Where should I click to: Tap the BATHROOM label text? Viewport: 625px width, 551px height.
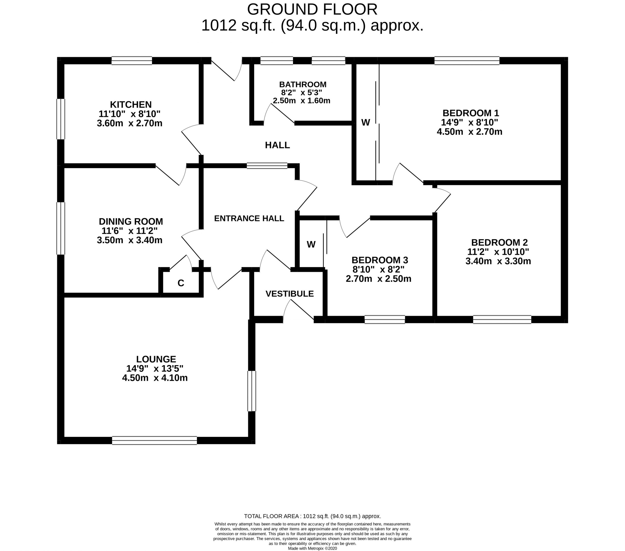click(302, 84)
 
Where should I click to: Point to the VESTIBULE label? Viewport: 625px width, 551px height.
click(289, 294)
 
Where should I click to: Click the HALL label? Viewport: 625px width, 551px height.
click(277, 145)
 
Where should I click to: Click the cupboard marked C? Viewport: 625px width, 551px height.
click(181, 283)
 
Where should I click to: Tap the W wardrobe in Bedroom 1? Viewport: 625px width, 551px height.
click(365, 122)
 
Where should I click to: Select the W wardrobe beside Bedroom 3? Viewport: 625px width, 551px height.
click(311, 244)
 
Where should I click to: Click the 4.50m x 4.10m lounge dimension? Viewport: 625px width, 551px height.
click(155, 378)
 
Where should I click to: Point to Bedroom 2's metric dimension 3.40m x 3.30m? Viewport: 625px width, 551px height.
click(498, 261)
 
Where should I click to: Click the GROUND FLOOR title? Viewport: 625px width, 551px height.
click(312, 10)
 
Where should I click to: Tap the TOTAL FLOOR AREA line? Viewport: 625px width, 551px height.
click(312, 516)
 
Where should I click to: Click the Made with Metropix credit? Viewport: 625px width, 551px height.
click(312, 548)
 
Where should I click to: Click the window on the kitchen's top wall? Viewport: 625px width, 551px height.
click(132, 60)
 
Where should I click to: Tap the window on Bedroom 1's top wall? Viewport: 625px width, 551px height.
click(467, 60)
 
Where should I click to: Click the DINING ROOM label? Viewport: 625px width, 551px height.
click(131, 221)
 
